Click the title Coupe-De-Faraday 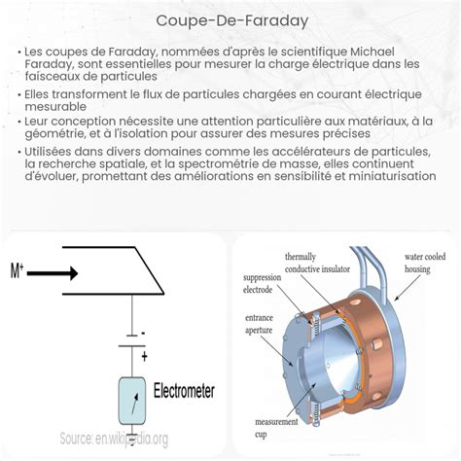(230, 20)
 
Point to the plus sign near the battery (143, 357)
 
